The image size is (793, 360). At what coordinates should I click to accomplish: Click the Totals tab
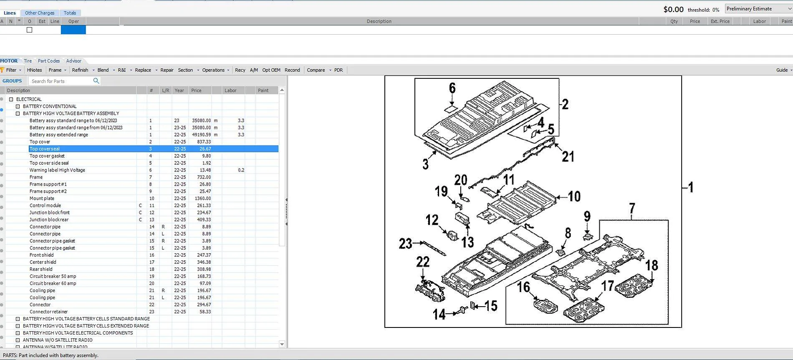[70, 13]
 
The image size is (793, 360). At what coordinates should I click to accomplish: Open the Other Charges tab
[40, 13]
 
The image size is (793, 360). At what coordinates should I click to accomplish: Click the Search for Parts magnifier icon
[96, 81]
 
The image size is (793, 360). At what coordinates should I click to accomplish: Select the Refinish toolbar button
[80, 70]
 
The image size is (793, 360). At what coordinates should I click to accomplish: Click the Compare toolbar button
[316, 70]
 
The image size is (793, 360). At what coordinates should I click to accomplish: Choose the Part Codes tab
[49, 61]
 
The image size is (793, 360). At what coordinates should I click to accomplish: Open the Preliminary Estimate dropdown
[758, 9]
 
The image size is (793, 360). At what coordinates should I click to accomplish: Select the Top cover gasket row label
[47, 156]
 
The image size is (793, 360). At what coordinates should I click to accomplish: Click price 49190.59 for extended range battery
[201, 135]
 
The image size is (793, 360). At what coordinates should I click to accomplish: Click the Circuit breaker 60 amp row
[53, 283]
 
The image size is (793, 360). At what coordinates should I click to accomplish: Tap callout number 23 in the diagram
[405, 244]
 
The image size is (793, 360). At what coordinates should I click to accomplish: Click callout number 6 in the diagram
[452, 88]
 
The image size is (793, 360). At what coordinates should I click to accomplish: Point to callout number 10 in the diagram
[574, 196]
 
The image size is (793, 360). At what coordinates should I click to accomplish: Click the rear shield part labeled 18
[634, 286]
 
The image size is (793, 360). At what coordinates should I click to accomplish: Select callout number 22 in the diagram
[423, 262]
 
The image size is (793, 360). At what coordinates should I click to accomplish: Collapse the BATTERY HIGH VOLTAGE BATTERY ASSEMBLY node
[18, 113]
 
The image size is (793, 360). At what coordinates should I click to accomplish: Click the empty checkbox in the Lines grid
[29, 30]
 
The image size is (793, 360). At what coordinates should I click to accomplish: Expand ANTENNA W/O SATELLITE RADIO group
[18, 340]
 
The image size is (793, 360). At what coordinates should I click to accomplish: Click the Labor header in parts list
[230, 91]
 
